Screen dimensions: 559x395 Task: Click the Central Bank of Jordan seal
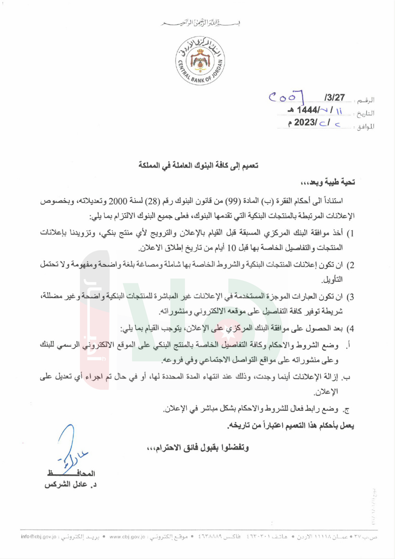200,61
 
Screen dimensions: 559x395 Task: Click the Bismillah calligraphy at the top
200,23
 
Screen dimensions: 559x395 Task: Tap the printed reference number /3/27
334,98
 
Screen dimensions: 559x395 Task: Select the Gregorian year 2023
305,123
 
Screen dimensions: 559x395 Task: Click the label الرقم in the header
366,100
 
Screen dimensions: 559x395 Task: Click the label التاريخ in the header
365,114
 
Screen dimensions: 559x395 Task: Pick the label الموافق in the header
365,127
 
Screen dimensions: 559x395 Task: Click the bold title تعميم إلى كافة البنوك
198,166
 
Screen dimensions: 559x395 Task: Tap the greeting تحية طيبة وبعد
327,182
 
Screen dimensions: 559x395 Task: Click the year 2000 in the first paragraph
118,201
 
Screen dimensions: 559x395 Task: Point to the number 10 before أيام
232,248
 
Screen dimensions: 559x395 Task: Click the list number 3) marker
350,297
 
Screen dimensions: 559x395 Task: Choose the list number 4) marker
350,329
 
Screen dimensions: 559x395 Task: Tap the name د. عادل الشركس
71,485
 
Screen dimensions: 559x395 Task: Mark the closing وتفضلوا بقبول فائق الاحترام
198,448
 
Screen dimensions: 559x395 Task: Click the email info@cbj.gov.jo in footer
39,536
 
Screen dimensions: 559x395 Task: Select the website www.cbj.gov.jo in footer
127,536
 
